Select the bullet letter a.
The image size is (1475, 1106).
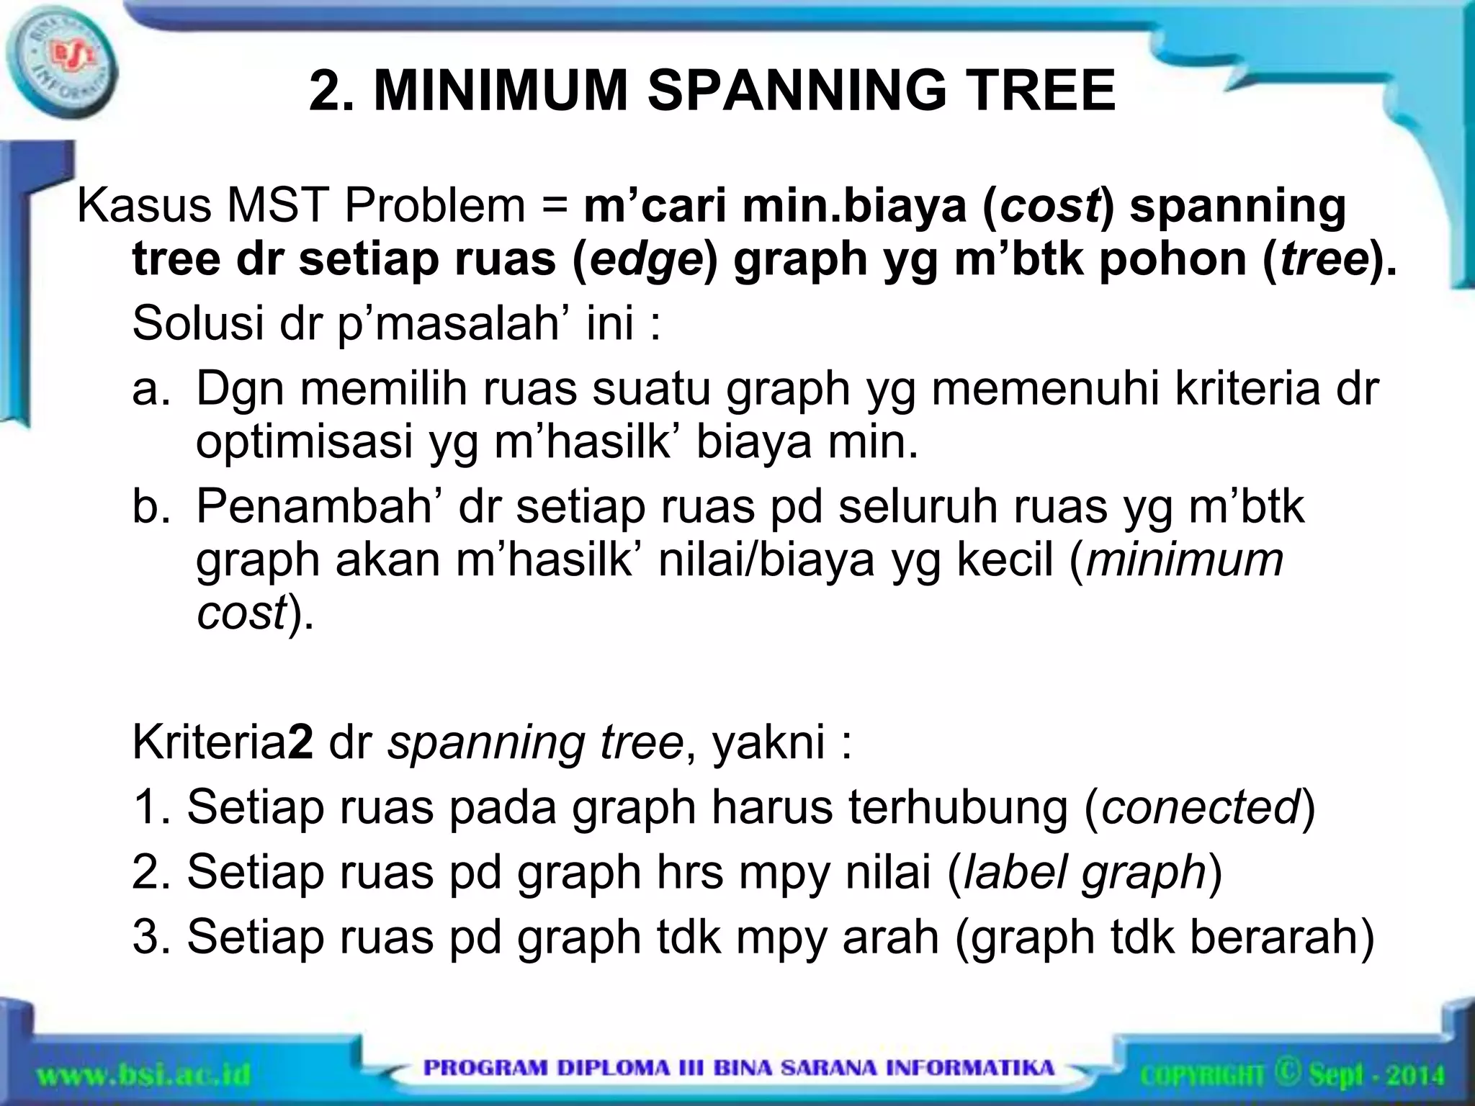(146, 390)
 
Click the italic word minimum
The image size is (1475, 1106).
(1185, 560)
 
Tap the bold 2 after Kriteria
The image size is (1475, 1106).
(301, 743)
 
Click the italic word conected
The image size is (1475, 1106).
(1201, 808)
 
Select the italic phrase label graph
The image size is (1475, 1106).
(1085, 873)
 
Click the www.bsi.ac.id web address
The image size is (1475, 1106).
(144, 1076)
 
